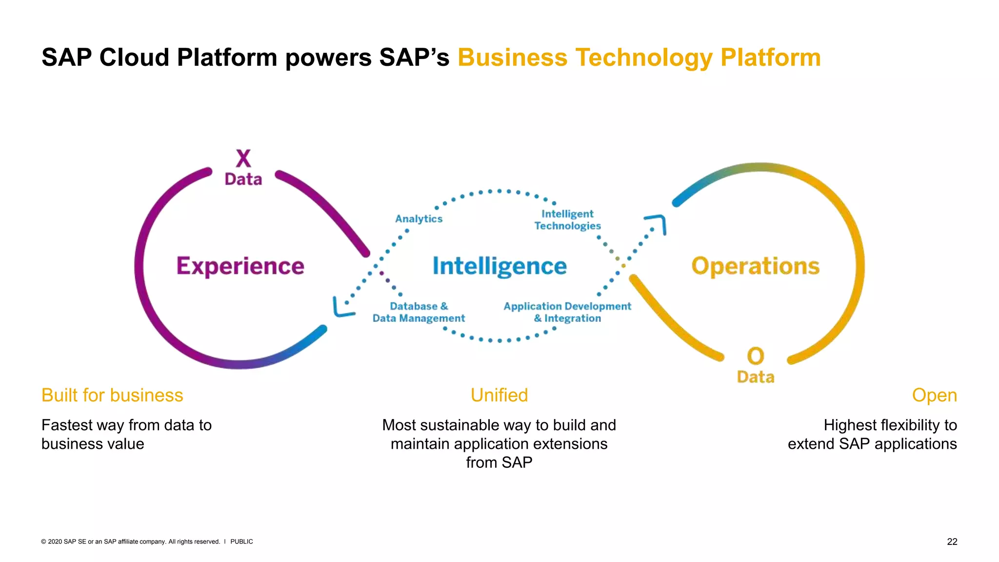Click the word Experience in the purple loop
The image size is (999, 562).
[x=240, y=266]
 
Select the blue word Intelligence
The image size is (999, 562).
[x=499, y=266]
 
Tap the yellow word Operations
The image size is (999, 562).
[x=755, y=266]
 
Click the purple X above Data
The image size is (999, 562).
[x=243, y=159]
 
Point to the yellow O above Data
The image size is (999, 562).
[x=756, y=356]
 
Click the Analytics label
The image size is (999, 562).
[x=419, y=219]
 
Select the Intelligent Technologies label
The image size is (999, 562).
[x=567, y=220]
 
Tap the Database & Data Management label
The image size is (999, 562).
[x=419, y=312]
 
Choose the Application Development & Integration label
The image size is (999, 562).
[x=567, y=312]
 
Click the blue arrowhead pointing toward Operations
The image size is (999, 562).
[x=658, y=222]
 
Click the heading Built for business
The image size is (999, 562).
[x=112, y=395]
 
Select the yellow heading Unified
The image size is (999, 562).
[x=499, y=395]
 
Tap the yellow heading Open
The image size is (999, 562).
[x=934, y=395]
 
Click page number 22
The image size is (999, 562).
[x=952, y=542]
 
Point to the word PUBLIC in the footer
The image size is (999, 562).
[x=241, y=542]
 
